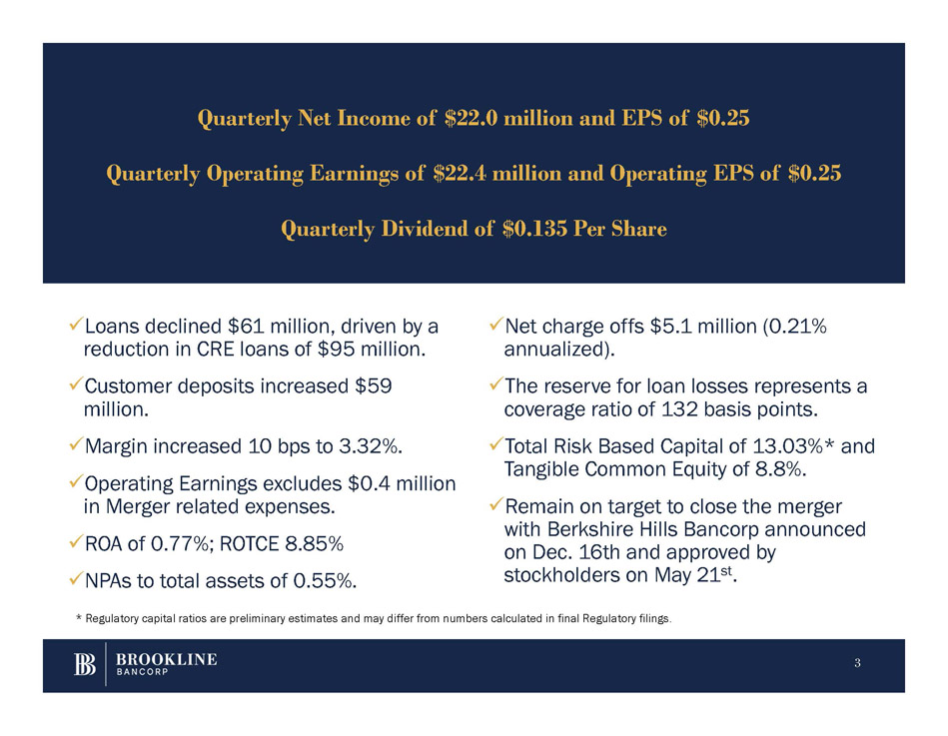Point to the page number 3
click(856, 665)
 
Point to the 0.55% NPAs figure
click(322, 579)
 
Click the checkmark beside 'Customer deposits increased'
click(75, 385)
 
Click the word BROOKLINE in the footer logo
click(167, 660)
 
